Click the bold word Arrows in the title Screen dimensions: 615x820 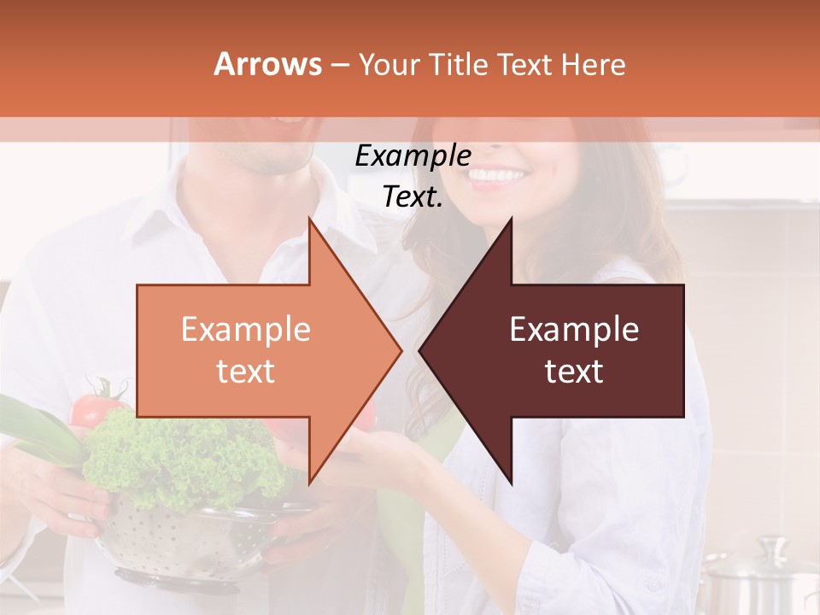click(268, 64)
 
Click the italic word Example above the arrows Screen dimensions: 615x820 click(413, 156)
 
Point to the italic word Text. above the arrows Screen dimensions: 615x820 click(413, 197)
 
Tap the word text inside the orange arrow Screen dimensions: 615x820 click(245, 372)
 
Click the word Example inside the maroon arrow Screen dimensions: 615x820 click(574, 330)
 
